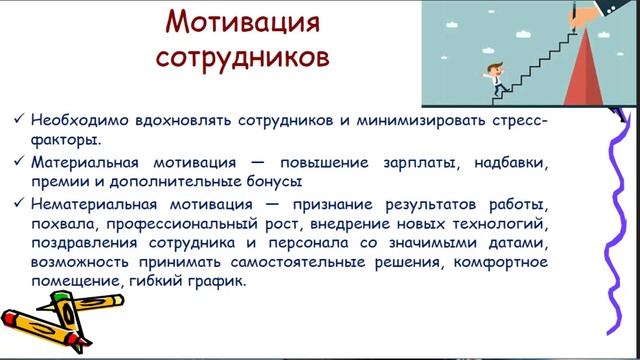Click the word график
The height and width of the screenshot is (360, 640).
tap(217, 285)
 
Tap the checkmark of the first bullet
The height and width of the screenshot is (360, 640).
tap(19, 118)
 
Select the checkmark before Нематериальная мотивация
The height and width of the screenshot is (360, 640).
tap(19, 204)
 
